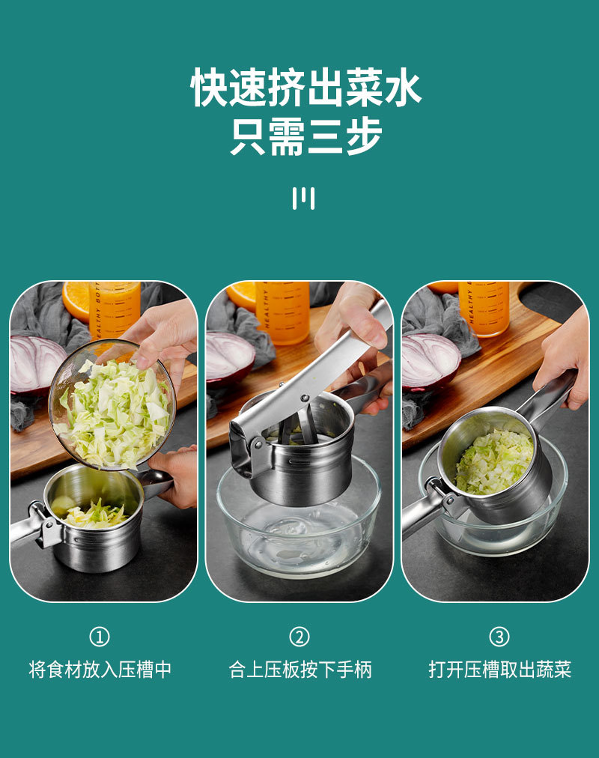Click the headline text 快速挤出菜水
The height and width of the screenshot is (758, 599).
pos(305,87)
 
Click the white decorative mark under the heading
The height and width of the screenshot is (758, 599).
pos(303,198)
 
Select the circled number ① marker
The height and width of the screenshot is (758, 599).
pos(100,637)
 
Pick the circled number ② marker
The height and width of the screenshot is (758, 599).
pos(299,637)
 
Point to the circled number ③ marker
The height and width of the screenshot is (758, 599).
pos(499,637)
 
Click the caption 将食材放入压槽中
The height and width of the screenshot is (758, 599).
pos(100,670)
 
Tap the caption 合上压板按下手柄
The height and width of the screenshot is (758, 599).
pos(300,670)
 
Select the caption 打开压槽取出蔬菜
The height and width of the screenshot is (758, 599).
pos(500,670)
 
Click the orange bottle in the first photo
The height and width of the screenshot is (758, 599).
pos(115,309)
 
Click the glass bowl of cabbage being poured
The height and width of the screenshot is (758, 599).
pos(112,405)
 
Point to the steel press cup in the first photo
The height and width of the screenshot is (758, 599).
pos(94,520)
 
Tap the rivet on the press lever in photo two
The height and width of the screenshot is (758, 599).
pos(305,398)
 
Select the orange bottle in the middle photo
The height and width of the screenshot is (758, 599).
pos(283,312)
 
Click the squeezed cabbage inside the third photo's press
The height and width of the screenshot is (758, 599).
pos(494,461)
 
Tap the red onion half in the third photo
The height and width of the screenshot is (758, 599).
pos(430,361)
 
